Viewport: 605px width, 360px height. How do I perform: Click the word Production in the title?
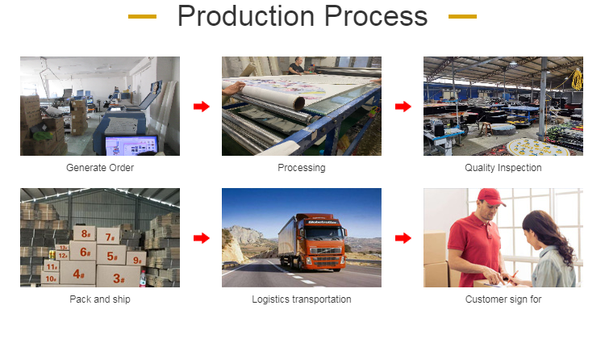[246, 16]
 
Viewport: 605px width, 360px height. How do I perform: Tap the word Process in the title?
[376, 16]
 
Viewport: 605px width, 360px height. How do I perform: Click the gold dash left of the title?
[142, 16]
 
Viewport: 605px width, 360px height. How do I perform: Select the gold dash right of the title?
[463, 16]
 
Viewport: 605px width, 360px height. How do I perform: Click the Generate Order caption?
[100, 168]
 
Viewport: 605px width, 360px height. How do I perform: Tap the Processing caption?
[302, 168]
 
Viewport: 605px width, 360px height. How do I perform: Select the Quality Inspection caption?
[503, 168]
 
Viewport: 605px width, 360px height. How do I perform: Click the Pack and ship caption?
[100, 299]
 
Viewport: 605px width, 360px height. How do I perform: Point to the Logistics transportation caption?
[302, 299]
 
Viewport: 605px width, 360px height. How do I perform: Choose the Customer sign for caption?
[503, 299]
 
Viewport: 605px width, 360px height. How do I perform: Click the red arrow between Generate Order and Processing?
[202, 107]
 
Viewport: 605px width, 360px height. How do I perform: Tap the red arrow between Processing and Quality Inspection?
[403, 107]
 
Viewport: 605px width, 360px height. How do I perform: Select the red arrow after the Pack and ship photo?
[202, 238]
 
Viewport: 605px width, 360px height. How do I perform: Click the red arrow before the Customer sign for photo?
[403, 238]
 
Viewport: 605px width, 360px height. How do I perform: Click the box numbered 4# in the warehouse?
[77, 273]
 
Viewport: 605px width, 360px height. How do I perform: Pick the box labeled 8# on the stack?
[85, 233]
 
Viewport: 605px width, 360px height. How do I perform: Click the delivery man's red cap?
[490, 197]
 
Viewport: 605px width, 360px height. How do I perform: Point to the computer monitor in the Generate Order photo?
[131, 145]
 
